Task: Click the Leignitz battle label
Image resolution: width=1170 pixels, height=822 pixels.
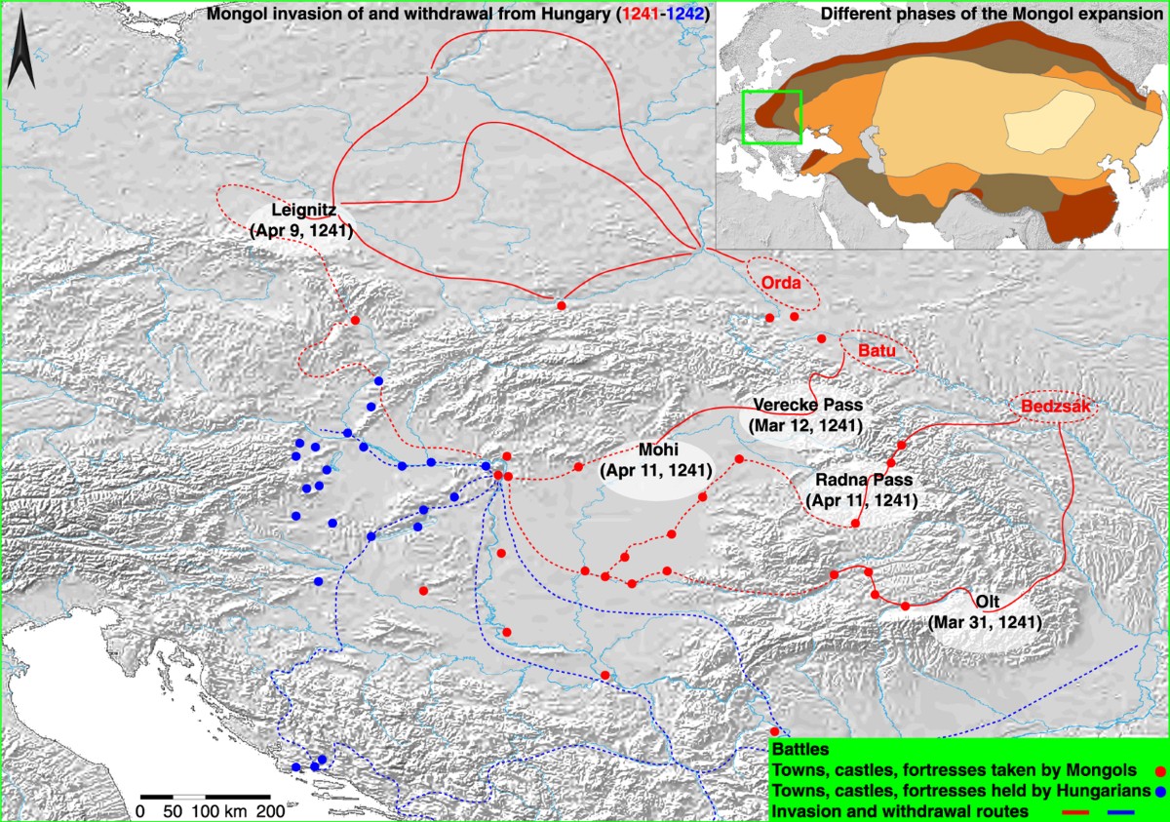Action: [x=300, y=220]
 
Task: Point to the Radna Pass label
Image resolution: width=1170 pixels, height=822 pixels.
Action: [x=862, y=489]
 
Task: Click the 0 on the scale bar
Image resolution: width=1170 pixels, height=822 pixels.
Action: [x=140, y=810]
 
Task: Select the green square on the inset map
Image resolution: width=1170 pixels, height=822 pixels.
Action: [x=771, y=117]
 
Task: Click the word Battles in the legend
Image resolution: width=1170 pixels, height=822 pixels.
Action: [x=799, y=751]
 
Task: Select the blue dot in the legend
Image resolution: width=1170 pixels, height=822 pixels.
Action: [x=1157, y=791]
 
